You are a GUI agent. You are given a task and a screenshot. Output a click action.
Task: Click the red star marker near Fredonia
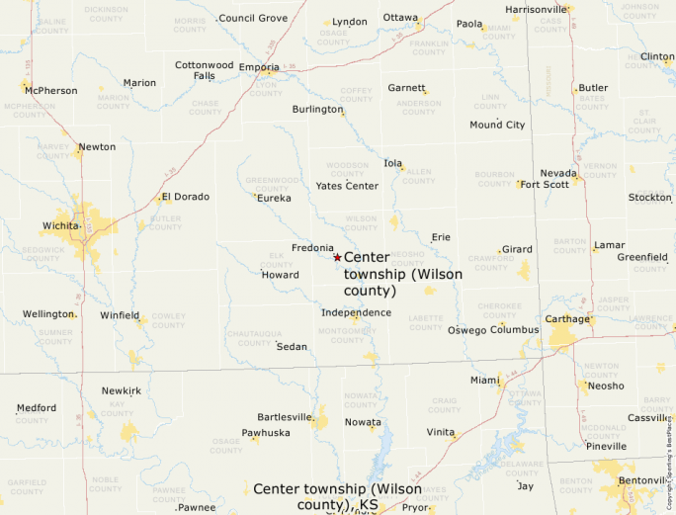337,257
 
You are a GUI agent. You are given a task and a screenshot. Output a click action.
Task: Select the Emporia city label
259,68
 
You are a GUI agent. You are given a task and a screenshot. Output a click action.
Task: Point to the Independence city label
356,312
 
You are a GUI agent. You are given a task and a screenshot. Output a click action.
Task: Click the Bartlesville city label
285,417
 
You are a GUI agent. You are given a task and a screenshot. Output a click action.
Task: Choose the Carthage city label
567,319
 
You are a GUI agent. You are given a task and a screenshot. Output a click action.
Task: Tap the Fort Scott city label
545,184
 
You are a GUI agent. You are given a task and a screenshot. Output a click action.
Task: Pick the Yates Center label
347,186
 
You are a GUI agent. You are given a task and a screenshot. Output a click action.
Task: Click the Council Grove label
253,18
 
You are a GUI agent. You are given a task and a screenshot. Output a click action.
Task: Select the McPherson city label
51,91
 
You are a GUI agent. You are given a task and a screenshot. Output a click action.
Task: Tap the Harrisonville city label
536,10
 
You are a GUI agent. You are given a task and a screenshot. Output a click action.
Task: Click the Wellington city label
48,313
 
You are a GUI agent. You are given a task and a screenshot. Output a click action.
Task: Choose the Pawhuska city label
266,433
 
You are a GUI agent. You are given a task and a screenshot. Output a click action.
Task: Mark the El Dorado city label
186,197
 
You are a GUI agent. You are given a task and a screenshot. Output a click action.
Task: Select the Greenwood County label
272,184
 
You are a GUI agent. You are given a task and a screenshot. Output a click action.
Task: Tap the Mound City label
497,125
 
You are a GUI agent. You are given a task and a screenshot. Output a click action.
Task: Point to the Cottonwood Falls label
205,70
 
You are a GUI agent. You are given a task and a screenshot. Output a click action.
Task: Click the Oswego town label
468,330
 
